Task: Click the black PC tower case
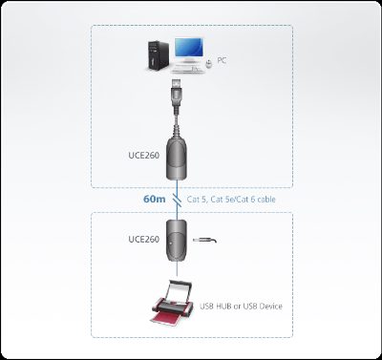click(159, 54)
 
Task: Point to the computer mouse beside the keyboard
click(209, 65)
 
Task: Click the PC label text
click(222, 60)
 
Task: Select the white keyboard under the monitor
click(187, 68)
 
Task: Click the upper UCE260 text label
click(144, 156)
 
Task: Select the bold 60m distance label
click(155, 199)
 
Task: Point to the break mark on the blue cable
click(178, 200)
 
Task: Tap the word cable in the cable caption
click(266, 200)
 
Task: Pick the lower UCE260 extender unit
click(177, 241)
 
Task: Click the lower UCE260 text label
click(144, 239)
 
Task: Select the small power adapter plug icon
click(205, 240)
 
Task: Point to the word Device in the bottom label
click(271, 307)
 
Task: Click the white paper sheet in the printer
click(179, 292)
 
